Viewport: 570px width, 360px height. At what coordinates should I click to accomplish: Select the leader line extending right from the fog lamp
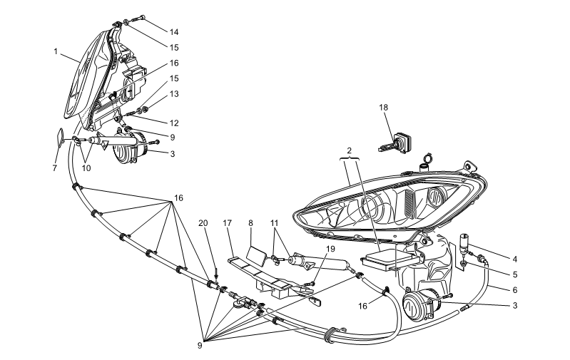tap(474, 304)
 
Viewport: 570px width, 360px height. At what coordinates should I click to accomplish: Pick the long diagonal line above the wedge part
tap(142, 77)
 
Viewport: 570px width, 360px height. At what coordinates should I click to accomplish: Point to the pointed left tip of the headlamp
tap(295, 213)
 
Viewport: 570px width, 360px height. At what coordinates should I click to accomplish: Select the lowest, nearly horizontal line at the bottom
tap(265, 333)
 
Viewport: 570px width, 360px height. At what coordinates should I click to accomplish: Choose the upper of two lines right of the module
tap(489, 251)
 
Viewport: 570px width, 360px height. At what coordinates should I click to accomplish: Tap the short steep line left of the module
tap(320, 267)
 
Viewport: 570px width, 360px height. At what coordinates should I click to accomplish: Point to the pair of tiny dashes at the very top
tap(126, 22)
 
